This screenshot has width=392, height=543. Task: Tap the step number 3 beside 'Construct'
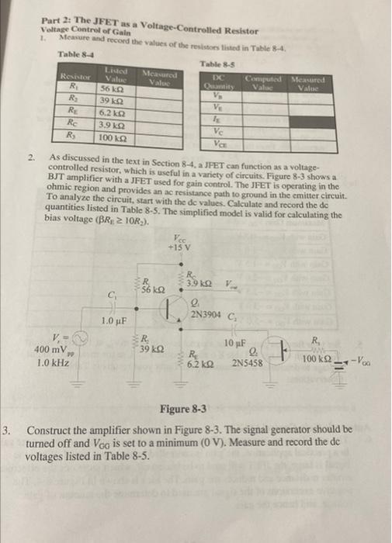[7, 428]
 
